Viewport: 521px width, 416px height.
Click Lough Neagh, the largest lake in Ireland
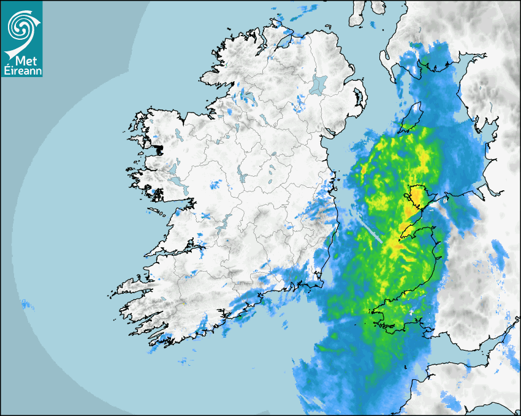pos(318,84)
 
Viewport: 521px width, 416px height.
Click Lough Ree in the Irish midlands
pos(243,177)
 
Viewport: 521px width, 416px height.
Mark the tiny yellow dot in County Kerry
pos(183,303)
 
